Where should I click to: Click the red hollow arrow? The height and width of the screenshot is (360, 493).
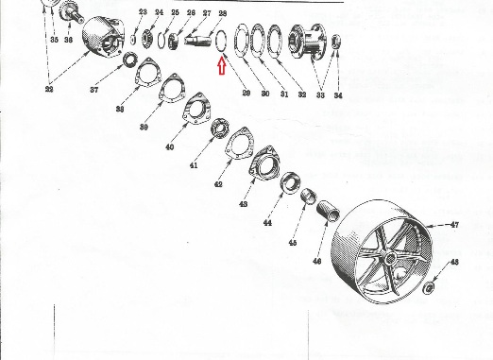[x=222, y=67]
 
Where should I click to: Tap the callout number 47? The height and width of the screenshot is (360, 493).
[x=454, y=225]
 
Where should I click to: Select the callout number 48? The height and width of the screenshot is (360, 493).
[x=454, y=262]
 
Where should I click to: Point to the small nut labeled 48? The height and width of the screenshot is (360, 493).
[x=429, y=286]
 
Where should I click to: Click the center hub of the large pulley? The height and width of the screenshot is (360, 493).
[x=390, y=259]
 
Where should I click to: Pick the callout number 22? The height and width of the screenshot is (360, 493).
[x=49, y=89]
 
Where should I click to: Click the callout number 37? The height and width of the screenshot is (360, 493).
[x=93, y=90]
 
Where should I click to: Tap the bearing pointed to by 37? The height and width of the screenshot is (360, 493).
[x=130, y=60]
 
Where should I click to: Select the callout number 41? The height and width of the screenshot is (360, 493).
[x=194, y=165]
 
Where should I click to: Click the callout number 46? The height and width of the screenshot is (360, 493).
[x=317, y=261]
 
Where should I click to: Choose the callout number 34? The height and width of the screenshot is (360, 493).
[x=338, y=95]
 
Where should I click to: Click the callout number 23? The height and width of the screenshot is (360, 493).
[x=143, y=12]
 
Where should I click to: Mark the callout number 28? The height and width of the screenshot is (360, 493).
[x=222, y=13]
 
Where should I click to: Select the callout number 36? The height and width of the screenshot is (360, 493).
[x=68, y=40]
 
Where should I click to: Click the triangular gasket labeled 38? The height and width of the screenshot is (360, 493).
[x=147, y=72]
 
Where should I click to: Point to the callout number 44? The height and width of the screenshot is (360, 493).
[x=267, y=223]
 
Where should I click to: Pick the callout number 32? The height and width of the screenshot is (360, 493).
[x=302, y=94]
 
